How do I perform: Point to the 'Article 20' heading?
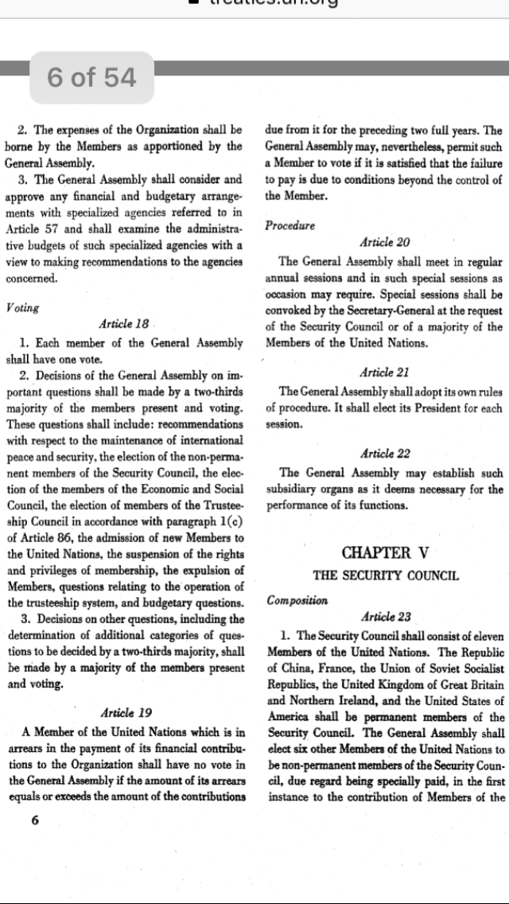[386, 242]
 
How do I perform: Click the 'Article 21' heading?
[386, 372]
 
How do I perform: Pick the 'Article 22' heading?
[386, 454]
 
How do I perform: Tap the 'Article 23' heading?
[386, 617]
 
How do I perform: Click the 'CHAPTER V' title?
[387, 552]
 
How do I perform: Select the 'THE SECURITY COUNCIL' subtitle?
[386, 575]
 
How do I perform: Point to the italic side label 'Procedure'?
[290, 225]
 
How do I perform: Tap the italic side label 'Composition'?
[298, 600]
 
